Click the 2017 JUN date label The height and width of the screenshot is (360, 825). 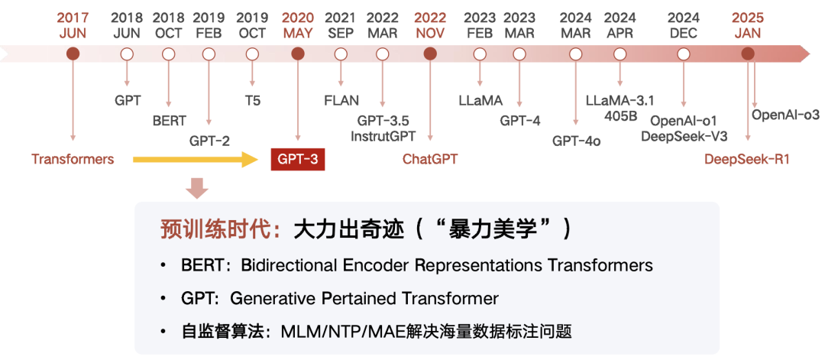(x=73, y=24)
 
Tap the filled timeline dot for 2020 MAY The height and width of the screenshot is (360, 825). (x=298, y=54)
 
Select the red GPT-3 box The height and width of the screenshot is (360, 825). (x=298, y=159)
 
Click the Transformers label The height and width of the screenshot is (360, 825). (x=73, y=159)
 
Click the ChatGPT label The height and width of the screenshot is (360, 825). (x=430, y=159)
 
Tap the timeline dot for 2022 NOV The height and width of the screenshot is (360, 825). (x=430, y=54)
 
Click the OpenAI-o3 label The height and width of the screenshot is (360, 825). (x=785, y=115)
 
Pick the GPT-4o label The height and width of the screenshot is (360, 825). (x=576, y=140)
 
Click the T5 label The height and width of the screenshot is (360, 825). (x=252, y=100)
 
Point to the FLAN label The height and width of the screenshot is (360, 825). (x=341, y=100)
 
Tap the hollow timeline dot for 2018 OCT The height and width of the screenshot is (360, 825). (x=169, y=54)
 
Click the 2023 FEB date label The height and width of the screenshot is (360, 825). (x=480, y=24)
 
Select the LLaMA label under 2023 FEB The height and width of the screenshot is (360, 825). (x=480, y=100)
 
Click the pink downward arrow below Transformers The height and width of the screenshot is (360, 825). (x=197, y=187)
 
